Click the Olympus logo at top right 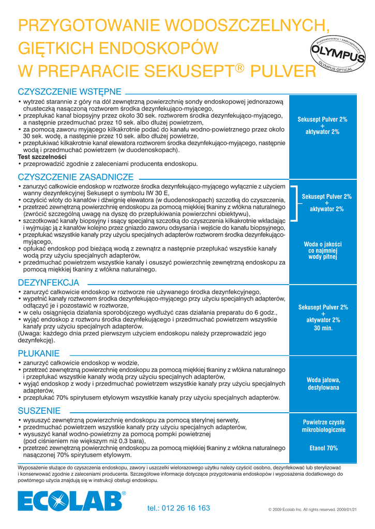coord(337,54)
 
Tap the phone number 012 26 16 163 coord(178,508)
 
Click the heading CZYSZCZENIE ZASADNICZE coord(76,177)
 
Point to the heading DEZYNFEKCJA coord(49,283)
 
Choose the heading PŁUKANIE coord(39,353)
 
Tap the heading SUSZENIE coord(39,411)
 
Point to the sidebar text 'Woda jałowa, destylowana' coord(323,383)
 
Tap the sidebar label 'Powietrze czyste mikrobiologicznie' coord(323,426)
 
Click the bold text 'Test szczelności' coord(42,157)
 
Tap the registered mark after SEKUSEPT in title coord(239,66)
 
